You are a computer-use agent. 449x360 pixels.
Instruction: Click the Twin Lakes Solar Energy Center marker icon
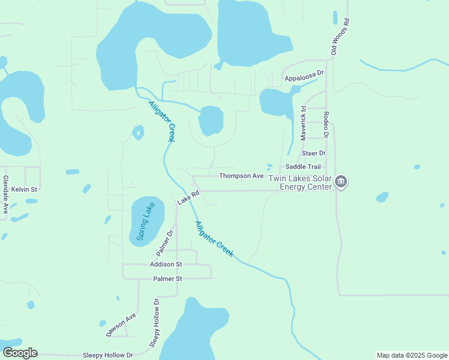[341, 182]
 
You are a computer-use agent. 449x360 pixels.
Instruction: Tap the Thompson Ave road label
[241, 176]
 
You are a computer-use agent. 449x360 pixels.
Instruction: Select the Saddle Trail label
[303, 167]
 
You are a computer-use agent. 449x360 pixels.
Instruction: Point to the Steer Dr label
[313, 154]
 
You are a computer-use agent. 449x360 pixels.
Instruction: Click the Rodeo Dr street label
[326, 125]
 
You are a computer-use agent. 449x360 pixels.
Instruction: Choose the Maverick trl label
[304, 124]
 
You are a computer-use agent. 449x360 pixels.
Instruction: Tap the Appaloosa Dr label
[304, 78]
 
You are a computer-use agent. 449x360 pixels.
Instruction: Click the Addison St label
[166, 264]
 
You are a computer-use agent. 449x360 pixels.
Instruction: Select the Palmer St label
[167, 279]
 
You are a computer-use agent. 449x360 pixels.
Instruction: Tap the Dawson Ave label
[121, 325]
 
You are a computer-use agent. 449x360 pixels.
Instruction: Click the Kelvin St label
[24, 189]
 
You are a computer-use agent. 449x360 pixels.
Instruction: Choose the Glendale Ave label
[5, 195]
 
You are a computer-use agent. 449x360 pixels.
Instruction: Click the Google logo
[20, 353]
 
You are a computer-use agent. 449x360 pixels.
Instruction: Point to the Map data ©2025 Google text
[411, 355]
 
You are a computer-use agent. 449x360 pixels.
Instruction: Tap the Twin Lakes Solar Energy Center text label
[300, 182]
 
